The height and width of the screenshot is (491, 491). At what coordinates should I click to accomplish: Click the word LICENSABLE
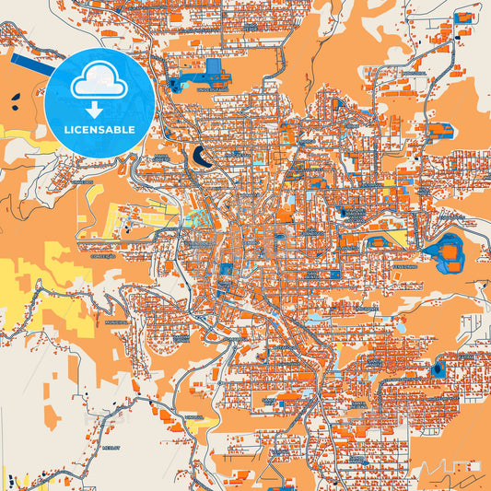99,130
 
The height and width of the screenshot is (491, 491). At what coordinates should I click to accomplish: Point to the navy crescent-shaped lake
202,158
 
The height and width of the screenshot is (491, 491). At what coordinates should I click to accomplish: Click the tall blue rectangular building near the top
214,70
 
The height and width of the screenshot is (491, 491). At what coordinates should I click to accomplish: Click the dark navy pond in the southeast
438,370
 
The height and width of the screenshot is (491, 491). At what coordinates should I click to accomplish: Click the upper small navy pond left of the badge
18,92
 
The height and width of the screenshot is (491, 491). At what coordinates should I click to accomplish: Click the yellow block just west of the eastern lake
399,238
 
